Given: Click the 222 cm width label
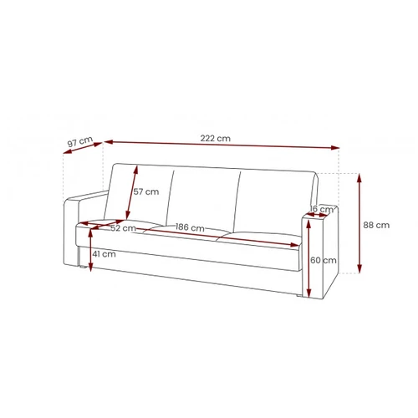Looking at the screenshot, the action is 216,138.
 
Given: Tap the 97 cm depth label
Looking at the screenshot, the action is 80,141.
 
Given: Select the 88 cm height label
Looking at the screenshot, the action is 376,225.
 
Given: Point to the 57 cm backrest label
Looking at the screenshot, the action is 146,191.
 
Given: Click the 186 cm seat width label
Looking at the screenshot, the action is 190,227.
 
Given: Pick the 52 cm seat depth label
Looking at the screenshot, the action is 123,228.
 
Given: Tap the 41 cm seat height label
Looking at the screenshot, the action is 104,254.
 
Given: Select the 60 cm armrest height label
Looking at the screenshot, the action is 324,260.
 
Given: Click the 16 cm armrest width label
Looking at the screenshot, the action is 322,209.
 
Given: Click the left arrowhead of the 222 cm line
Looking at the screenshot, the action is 108,142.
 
